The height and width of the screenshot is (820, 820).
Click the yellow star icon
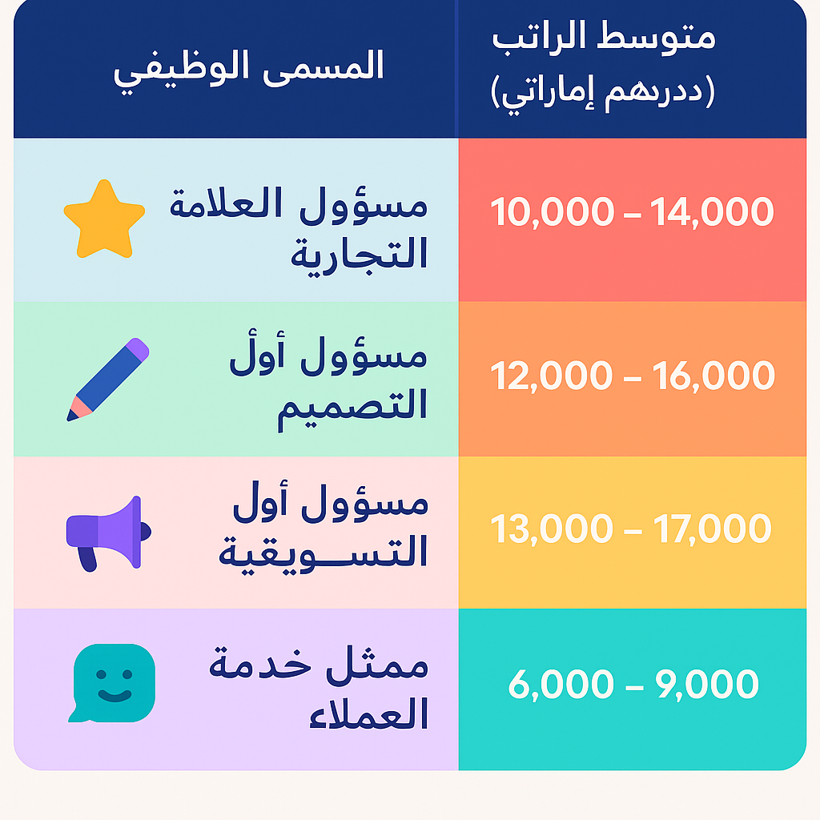click(x=104, y=219)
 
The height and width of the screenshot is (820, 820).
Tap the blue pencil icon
click(x=108, y=379)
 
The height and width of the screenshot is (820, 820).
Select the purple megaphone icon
click(x=108, y=533)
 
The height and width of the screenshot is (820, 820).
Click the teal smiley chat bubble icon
click(x=112, y=683)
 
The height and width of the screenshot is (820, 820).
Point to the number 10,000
click(x=553, y=211)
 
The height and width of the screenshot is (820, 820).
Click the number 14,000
click(x=712, y=211)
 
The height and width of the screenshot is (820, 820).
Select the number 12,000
click(x=551, y=376)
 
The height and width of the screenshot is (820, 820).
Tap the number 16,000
click(x=713, y=376)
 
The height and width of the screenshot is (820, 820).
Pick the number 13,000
click(x=551, y=529)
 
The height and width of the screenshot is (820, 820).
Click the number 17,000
click(x=712, y=529)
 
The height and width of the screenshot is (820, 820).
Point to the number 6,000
click(x=561, y=684)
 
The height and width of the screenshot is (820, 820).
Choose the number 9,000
click(x=707, y=684)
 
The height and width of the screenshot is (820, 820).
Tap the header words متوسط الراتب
click(x=604, y=38)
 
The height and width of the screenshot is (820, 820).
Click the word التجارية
click(x=360, y=254)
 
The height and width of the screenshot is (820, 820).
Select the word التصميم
click(x=352, y=407)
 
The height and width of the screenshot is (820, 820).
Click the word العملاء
click(x=368, y=713)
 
